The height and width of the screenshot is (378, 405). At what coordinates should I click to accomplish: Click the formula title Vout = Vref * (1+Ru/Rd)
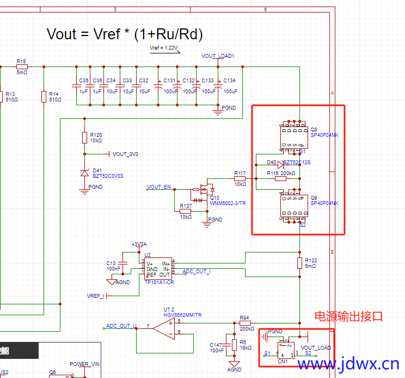[x=125, y=34]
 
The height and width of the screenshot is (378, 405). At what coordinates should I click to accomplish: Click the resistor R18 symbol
[x=22, y=67]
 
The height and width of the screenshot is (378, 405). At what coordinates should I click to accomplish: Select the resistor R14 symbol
[x=44, y=97]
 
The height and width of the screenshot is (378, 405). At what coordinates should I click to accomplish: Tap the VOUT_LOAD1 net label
[x=218, y=56]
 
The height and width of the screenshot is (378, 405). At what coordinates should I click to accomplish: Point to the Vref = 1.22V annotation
[x=164, y=49]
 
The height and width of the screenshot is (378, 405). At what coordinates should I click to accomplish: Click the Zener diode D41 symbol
[x=84, y=173]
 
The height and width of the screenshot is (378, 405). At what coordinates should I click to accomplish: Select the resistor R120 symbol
[x=84, y=137]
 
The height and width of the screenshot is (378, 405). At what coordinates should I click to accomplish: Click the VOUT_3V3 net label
[x=125, y=154]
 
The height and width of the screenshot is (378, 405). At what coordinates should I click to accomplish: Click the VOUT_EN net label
[x=159, y=187]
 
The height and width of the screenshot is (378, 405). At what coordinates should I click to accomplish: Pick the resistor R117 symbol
[x=240, y=178]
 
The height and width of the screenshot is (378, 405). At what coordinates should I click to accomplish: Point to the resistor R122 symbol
[x=299, y=263]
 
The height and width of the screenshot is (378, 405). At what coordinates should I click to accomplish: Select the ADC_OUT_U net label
[x=121, y=326]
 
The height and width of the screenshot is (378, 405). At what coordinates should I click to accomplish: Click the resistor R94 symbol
[x=244, y=323]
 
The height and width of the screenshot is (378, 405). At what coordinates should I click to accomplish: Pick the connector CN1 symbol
[x=286, y=350]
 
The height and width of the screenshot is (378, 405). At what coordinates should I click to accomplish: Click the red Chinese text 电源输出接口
[x=349, y=316]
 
